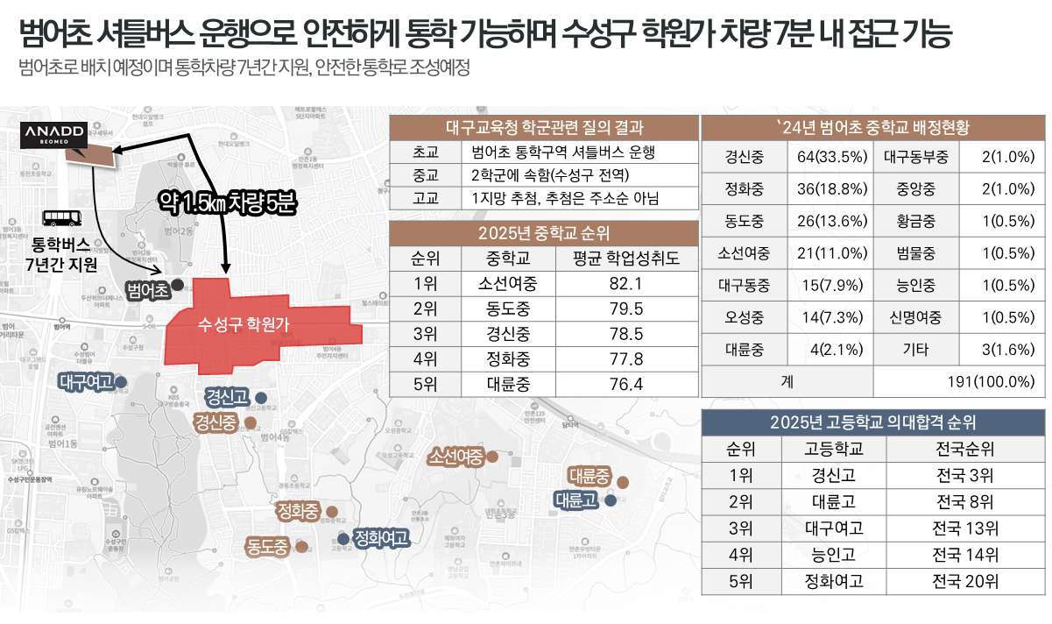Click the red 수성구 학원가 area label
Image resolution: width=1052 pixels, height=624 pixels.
tap(244, 323)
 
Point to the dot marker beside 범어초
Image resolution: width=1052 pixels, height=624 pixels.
tap(177, 285)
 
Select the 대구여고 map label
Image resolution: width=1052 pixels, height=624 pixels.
tap(86, 381)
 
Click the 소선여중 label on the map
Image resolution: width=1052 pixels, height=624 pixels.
tap(456, 457)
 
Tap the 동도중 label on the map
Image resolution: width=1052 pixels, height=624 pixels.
tap(267, 548)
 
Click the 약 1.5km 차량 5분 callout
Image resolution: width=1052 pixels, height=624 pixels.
tap(227, 203)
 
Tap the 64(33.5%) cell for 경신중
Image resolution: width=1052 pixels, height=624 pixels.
tap(831, 159)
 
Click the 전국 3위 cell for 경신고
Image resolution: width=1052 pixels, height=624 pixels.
tap(964, 476)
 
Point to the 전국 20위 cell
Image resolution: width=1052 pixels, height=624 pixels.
tap(964, 581)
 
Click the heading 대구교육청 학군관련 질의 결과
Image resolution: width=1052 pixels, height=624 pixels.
tap(544, 127)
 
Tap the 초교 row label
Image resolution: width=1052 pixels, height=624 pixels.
tap(424, 152)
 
